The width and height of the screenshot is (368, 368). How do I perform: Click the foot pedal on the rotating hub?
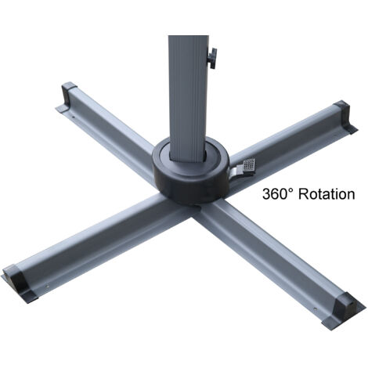pos(248,165)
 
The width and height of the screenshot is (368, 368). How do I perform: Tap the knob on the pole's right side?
pos(211,56)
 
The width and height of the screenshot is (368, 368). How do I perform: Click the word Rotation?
pos(323,193)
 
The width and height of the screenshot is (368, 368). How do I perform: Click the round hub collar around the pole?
pos(188,174)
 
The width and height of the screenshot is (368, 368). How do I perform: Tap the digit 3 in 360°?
pos(266,193)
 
